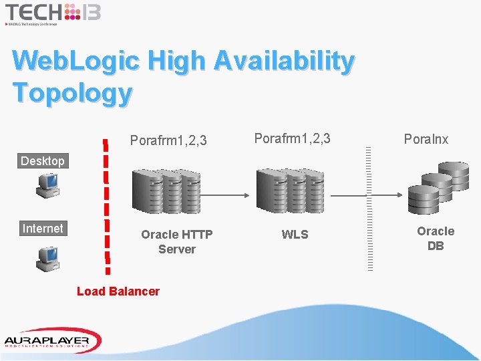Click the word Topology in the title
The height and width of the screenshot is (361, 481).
point(72,92)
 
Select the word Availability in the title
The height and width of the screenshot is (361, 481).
point(285,61)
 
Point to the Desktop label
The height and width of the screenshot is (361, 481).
point(43,161)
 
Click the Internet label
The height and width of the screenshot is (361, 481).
point(43,229)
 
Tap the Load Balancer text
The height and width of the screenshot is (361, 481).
point(118,291)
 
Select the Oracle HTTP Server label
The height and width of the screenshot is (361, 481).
point(177,242)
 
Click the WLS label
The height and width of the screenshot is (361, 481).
point(295,235)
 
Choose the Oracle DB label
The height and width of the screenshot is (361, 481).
point(436,239)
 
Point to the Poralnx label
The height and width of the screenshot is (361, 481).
point(426,139)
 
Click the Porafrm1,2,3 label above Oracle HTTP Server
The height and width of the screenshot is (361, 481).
point(168,140)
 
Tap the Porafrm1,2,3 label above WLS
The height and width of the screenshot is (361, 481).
point(293,139)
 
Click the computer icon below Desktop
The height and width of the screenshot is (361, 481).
point(49,186)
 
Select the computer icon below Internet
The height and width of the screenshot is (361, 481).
point(49,257)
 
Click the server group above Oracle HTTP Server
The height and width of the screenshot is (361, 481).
point(166,192)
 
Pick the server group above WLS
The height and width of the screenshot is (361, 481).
point(291,192)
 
